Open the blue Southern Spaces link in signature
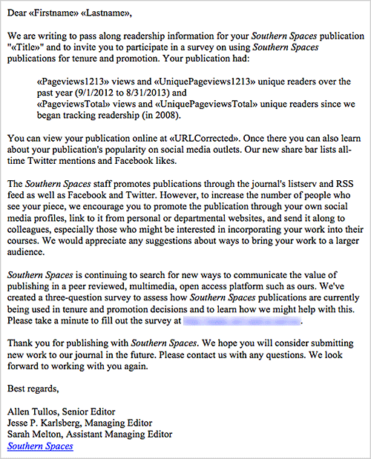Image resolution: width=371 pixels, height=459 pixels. point(40,446)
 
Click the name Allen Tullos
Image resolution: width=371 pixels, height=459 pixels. point(33,412)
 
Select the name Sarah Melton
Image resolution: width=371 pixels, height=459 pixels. point(33,435)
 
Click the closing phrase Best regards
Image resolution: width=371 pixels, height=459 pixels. point(33,388)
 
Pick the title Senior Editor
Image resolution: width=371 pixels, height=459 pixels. point(92,412)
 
